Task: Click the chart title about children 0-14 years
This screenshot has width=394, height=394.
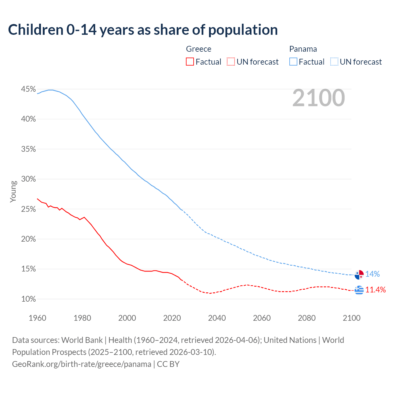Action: click(x=143, y=30)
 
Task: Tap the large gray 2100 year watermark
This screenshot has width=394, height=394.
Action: click(x=318, y=98)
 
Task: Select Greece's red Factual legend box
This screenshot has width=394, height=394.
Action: click(x=190, y=62)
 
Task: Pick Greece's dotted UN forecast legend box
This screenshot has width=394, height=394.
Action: click(x=231, y=62)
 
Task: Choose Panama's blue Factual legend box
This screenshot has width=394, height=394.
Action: click(x=293, y=62)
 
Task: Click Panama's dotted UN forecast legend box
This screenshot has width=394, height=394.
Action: click(x=334, y=62)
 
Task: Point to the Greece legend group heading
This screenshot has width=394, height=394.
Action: click(x=199, y=49)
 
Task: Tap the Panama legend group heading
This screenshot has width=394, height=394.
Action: click(x=303, y=49)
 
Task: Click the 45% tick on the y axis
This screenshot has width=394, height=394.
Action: click(x=28, y=89)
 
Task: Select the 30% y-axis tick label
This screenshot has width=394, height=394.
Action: click(x=28, y=179)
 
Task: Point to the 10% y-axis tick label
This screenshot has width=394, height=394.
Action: click(x=28, y=299)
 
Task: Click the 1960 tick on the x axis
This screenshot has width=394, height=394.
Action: click(x=37, y=318)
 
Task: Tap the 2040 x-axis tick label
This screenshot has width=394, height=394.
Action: click(x=217, y=318)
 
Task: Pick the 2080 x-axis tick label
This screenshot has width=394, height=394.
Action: click(x=307, y=318)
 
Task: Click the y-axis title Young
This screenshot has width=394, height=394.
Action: click(x=13, y=191)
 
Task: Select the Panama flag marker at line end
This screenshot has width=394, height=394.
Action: click(x=359, y=275)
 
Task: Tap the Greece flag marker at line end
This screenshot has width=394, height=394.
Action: click(x=359, y=290)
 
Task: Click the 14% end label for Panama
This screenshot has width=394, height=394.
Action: click(x=372, y=274)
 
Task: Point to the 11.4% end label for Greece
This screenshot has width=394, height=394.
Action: click(x=376, y=290)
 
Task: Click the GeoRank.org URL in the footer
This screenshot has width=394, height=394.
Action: click(x=82, y=364)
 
